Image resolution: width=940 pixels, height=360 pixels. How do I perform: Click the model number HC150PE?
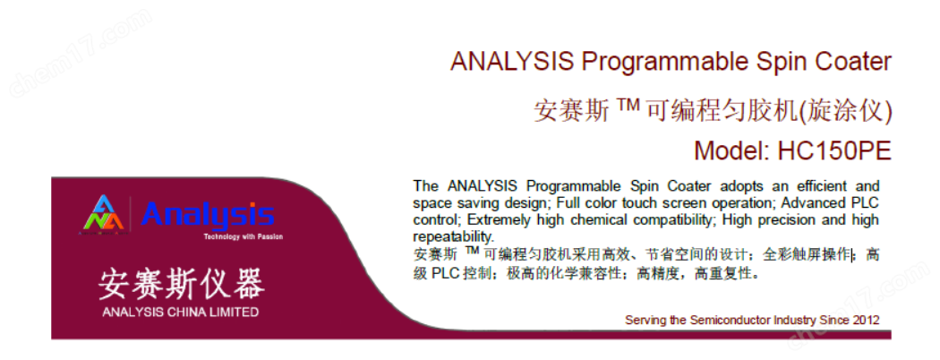point(833,150)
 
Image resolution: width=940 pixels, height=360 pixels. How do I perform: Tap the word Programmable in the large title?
point(655,62)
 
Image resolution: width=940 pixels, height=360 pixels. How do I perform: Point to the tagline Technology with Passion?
point(243,237)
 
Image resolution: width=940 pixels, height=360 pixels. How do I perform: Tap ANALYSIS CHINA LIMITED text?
point(181,312)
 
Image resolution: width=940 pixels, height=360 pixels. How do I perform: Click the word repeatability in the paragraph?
point(453,236)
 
